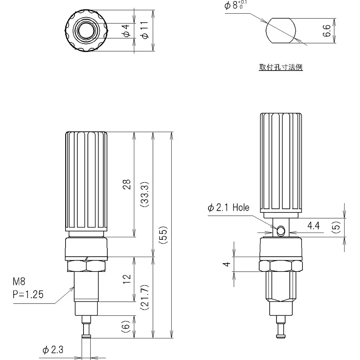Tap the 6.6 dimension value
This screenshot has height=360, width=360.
tap(327, 31)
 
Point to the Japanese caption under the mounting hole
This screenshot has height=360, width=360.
tap(280, 67)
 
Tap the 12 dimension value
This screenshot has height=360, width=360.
tap(126, 279)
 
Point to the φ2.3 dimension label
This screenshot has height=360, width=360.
tap(53, 350)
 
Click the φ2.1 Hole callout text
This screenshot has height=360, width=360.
tap(228, 208)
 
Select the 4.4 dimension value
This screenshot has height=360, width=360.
tap(313, 226)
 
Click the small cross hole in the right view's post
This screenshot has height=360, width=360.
tap(280, 229)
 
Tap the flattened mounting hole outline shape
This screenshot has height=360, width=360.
tap(281, 31)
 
